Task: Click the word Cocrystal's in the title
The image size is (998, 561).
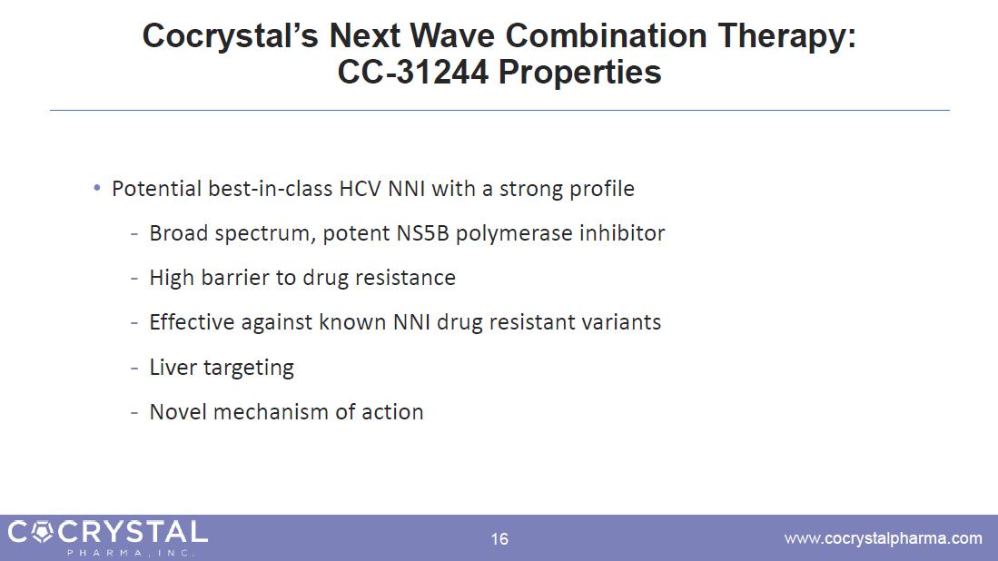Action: (230, 35)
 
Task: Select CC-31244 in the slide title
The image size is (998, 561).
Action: (413, 72)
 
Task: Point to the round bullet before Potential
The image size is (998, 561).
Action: (97, 188)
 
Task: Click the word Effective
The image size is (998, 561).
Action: (193, 322)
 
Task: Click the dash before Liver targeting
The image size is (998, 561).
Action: (134, 369)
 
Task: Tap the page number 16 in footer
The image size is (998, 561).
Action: (499, 539)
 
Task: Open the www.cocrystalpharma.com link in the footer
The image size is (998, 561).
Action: (884, 538)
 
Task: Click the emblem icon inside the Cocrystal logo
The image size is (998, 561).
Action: (42, 532)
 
